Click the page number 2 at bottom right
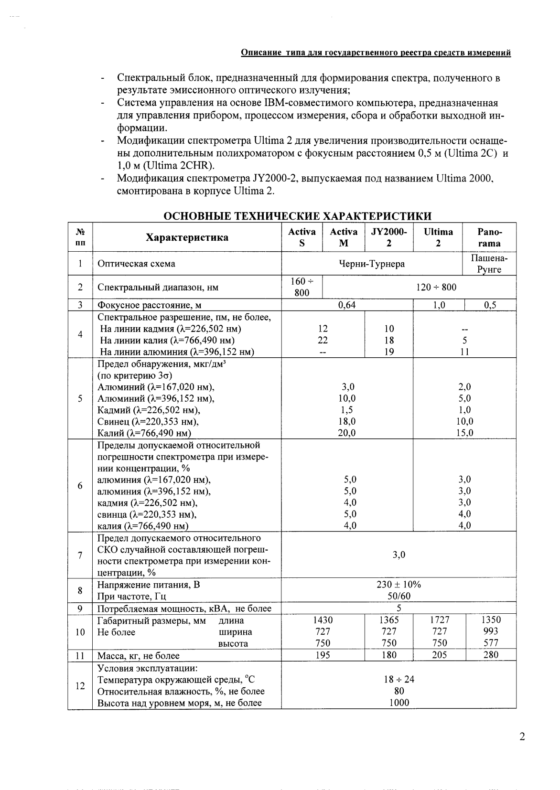click(522, 737)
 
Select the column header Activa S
click(302, 237)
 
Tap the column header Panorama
click(489, 237)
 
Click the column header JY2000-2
click(389, 237)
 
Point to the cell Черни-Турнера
click(372, 264)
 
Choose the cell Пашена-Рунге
click(489, 264)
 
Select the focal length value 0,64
click(346, 305)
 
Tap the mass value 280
click(491, 655)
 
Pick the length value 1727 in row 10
click(440, 619)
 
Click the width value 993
click(491, 631)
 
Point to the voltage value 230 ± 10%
click(398, 585)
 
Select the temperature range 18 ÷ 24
click(398, 679)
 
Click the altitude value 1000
click(398, 703)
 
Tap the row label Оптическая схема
click(136, 264)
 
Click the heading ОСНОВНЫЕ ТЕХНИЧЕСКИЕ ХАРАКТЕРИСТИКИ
click(297, 216)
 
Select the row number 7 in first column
click(80, 555)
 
